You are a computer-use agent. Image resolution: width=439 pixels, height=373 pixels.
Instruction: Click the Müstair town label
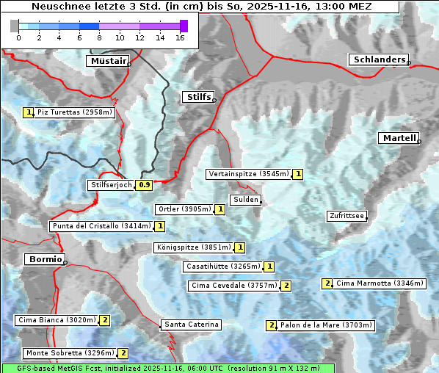pyautogui.click(x=107, y=61)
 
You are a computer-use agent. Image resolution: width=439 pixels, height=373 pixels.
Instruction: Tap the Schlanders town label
pyautogui.click(x=378, y=59)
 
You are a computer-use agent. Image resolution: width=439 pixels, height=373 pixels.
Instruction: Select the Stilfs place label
pyautogui.click(x=197, y=97)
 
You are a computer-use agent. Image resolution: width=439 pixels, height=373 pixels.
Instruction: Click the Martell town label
pyautogui.click(x=399, y=138)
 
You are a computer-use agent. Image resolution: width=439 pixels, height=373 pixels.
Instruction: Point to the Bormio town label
pyautogui.click(x=44, y=259)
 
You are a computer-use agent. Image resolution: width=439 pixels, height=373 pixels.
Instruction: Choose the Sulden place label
pyautogui.click(x=244, y=200)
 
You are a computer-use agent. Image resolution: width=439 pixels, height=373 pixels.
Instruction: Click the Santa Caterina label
pyautogui.click(x=191, y=325)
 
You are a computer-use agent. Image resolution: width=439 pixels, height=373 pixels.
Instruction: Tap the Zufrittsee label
pyautogui.click(x=346, y=216)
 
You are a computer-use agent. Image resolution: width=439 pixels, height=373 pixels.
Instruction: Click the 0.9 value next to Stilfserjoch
pyautogui.click(x=145, y=185)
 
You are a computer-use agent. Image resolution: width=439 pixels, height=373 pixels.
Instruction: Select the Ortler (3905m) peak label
pyautogui.click(x=184, y=209)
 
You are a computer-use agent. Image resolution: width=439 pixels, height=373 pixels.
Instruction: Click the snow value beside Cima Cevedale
pyautogui.click(x=286, y=286)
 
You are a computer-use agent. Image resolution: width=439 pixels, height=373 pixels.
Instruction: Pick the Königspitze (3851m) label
pyautogui.click(x=194, y=247)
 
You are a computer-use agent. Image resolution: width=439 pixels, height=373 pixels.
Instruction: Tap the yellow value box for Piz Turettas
pyautogui.click(x=29, y=112)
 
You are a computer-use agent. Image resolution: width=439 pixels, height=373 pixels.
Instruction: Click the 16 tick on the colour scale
pyautogui.click(x=180, y=37)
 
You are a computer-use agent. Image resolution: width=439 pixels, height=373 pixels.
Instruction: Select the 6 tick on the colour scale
pyautogui.click(x=79, y=37)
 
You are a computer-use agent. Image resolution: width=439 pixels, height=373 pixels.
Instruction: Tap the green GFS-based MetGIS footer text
pyautogui.click(x=167, y=368)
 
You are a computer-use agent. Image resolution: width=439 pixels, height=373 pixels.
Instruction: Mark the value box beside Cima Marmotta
pyautogui.click(x=327, y=283)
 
